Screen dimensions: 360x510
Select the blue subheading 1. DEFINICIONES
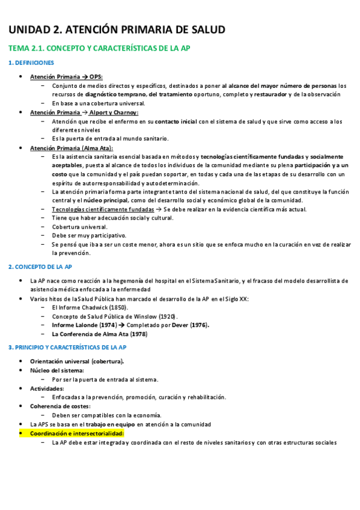(31, 63)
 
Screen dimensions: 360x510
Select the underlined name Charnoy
(125, 112)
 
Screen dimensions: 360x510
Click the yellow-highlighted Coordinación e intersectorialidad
(77, 433)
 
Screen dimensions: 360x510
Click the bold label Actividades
(47, 389)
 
